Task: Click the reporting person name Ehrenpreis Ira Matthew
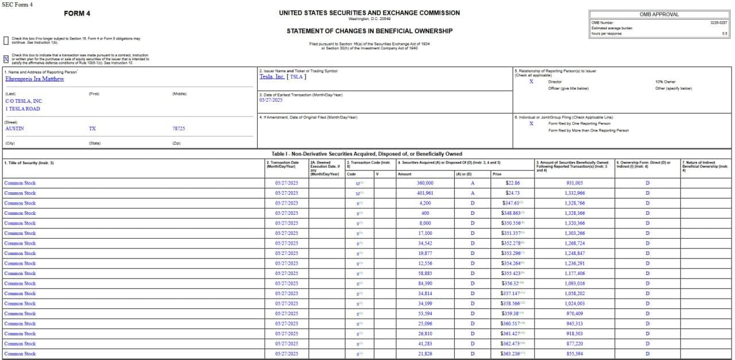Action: click(x=34, y=79)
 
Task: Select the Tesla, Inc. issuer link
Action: click(x=272, y=76)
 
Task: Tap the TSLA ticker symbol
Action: click(x=296, y=76)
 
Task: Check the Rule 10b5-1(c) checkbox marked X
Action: click(x=6, y=59)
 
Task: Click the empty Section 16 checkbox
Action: click(x=6, y=40)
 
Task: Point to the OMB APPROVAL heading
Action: click(x=659, y=14)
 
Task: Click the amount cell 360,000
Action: click(x=425, y=183)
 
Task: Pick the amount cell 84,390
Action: click(x=425, y=284)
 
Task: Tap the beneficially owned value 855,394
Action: click(x=574, y=354)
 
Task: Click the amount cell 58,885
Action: click(x=425, y=273)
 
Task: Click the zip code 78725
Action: click(x=179, y=129)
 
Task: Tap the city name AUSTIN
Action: click(x=15, y=129)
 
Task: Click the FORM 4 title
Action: click(x=77, y=13)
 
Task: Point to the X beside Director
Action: click(x=531, y=82)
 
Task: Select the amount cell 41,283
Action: click(x=425, y=344)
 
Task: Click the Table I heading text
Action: click(x=367, y=154)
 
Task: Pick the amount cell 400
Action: click(x=425, y=213)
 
